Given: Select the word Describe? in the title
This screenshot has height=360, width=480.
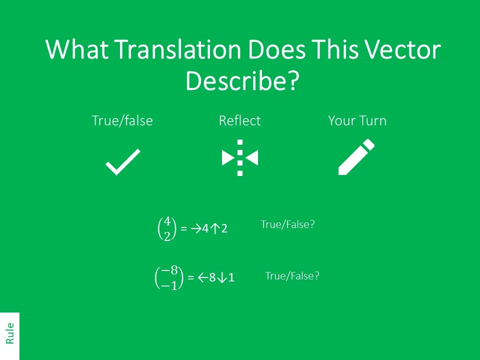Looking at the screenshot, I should pos(242,81).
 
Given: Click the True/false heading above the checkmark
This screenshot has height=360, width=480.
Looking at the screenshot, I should pos(122,121).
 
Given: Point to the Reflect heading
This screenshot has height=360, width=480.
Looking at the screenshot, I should pos(239,121).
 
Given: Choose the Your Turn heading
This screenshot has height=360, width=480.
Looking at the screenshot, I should pos(357,121).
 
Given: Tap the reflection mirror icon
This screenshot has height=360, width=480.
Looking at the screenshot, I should pos(240,158).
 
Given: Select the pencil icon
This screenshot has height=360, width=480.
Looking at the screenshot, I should pos(356,157).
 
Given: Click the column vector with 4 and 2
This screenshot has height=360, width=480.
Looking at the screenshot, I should pos(167,228).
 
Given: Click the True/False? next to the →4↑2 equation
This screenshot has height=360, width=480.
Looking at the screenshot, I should pos(287,225).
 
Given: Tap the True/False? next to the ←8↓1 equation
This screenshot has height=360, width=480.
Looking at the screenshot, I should pos(292,275).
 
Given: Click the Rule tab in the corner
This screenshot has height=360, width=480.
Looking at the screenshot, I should pos(9,333).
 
